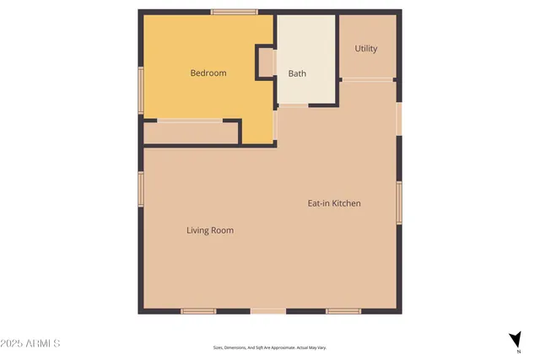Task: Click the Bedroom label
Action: pos(208,73)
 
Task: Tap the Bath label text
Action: pos(297,73)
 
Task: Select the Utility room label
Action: pos(365,49)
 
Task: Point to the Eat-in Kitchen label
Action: pos(333,203)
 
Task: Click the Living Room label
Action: pos(210,230)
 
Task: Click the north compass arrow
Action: pos(514,339)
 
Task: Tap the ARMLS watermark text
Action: pos(30,344)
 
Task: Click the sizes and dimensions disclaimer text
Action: pos(269,347)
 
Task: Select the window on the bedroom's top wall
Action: pos(234,12)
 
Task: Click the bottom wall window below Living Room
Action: pos(198,311)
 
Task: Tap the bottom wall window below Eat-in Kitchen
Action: pos(343,311)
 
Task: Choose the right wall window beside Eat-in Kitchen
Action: pos(399,202)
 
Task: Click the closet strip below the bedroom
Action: pos(191,132)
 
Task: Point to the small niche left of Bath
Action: pos(266,63)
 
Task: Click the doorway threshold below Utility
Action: pos(367,80)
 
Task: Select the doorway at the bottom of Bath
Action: pos(294,105)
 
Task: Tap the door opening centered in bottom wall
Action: pos(268,311)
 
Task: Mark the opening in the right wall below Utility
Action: pos(399,118)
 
